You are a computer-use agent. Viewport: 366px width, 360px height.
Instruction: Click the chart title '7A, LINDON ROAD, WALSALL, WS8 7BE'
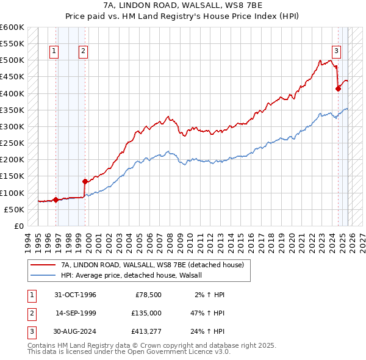point(182,6)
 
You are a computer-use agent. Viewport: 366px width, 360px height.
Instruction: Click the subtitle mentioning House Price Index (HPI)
point(182,16)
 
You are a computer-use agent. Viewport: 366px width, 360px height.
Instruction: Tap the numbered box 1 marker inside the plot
point(55,51)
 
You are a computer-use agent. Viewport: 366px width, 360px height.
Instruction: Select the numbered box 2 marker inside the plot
point(83,51)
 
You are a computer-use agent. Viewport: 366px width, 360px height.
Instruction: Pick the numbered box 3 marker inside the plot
point(336,51)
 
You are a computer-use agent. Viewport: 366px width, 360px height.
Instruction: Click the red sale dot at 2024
point(338,88)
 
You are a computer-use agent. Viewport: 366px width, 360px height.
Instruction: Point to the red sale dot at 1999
point(85,181)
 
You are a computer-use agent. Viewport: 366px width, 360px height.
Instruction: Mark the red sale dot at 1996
point(56,200)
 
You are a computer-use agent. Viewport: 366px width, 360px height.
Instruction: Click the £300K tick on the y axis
point(12,126)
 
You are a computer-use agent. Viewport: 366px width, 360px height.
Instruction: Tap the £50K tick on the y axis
point(15,209)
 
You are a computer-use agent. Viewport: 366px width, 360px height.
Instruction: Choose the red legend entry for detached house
point(152,265)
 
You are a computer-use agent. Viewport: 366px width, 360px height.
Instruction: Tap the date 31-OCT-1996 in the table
point(75,295)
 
